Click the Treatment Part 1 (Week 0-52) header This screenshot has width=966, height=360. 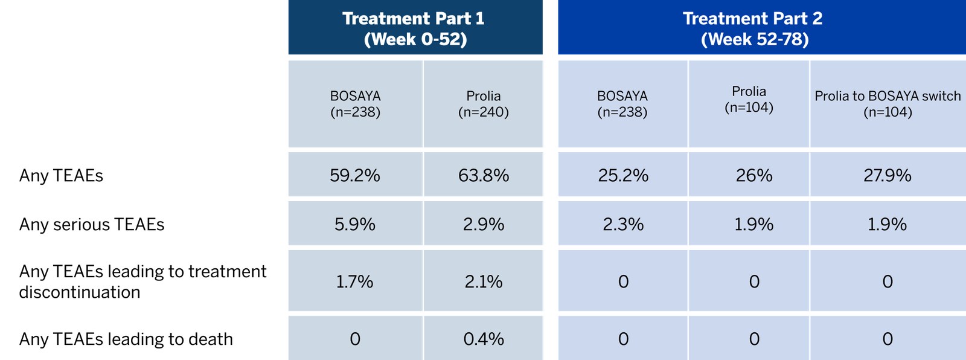pos(414,29)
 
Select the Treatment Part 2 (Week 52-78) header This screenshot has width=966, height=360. pos(753,29)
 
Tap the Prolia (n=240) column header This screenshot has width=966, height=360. pos(483,104)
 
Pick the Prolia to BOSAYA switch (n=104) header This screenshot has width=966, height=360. pos(887,104)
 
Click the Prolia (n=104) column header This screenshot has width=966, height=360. pos(749,99)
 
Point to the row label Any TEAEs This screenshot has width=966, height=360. pos(61,176)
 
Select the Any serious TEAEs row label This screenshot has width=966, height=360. pos(92,225)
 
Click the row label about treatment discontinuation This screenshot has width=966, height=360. pos(142,281)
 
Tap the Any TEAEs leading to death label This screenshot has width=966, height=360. pos(126,339)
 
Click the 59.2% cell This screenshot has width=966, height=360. pos(355,176)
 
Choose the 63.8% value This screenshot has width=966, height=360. pos(484,176)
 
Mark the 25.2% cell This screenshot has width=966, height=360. pos(623,176)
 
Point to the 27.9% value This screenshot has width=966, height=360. pos(887,176)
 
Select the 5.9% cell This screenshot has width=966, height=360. pos(355,225)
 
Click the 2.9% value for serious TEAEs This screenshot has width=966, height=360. pos(484,225)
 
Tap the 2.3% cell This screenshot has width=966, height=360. pos(623,225)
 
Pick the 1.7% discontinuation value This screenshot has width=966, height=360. pos(355,282)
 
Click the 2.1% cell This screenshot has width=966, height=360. pos(484,282)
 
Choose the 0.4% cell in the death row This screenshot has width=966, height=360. pos(484,339)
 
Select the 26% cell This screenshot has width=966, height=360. pos(754,176)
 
